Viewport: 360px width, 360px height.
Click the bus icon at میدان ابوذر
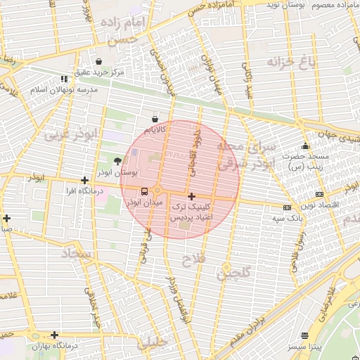pos(145,191)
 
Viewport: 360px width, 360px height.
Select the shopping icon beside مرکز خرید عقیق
pos(98,62)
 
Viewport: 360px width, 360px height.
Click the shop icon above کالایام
pos(155,119)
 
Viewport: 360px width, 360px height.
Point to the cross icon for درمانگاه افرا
pos(84,181)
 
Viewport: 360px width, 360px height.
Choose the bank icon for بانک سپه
pos(286,207)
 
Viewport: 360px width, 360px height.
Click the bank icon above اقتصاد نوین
pos(320,194)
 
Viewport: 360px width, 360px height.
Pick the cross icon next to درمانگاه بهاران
pos(54,335)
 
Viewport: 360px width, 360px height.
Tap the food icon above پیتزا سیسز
pos(304,335)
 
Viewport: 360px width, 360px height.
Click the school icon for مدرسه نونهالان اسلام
pos(65,79)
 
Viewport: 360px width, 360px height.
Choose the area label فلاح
pos(193,260)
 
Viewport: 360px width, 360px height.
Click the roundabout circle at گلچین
pos(226,267)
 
